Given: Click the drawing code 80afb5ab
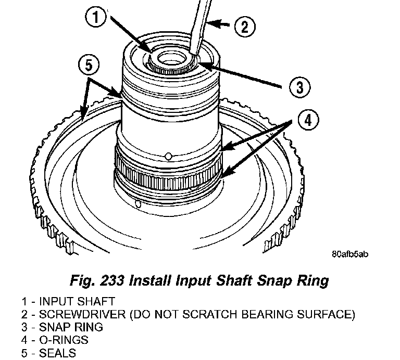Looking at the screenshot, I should coord(350,254).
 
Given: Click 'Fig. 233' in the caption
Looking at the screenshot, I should coord(98,281).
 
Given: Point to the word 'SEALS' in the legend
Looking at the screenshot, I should coord(58,353).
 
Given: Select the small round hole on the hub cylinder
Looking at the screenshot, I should coord(168,155).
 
